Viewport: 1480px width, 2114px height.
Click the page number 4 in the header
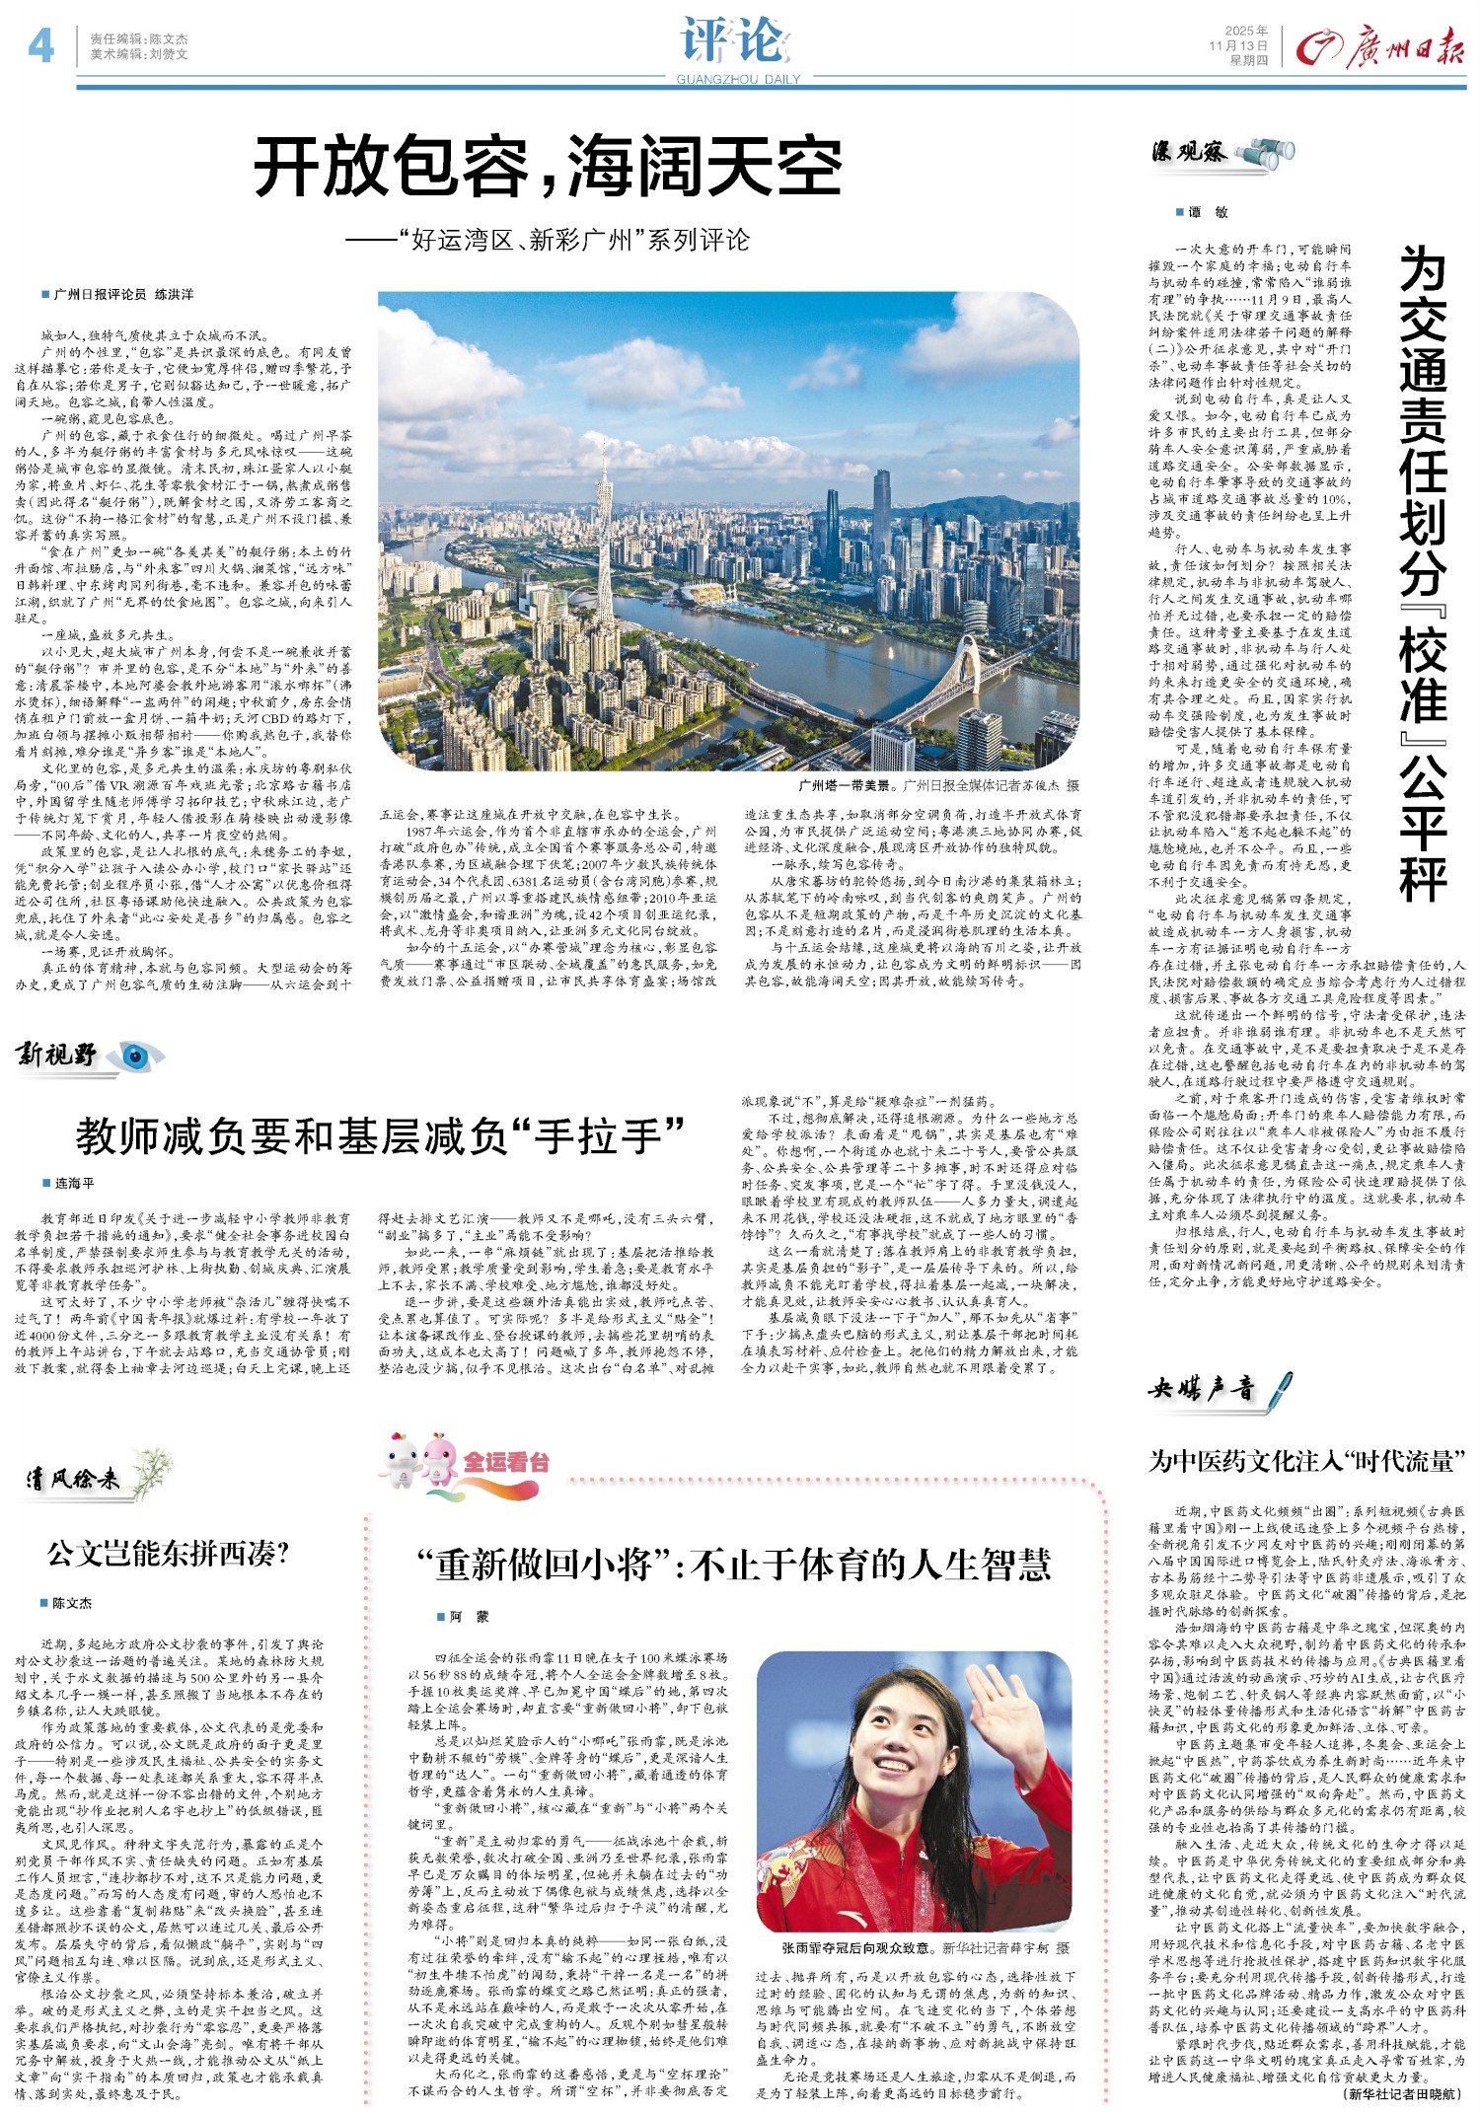pyautogui.click(x=39, y=45)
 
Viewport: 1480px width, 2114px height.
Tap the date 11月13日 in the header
pyautogui.click(x=1237, y=45)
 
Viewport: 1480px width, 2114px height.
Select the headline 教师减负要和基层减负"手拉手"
pyautogui.click(x=380, y=1136)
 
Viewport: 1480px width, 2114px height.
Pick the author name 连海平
pyautogui.click(x=75, y=1182)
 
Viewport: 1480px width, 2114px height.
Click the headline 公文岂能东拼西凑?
pyautogui.click(x=168, y=1554)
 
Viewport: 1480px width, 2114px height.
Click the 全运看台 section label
pyautogui.click(x=505, y=1462)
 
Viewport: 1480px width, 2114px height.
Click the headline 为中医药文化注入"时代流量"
pyautogui.click(x=1306, y=1461)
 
